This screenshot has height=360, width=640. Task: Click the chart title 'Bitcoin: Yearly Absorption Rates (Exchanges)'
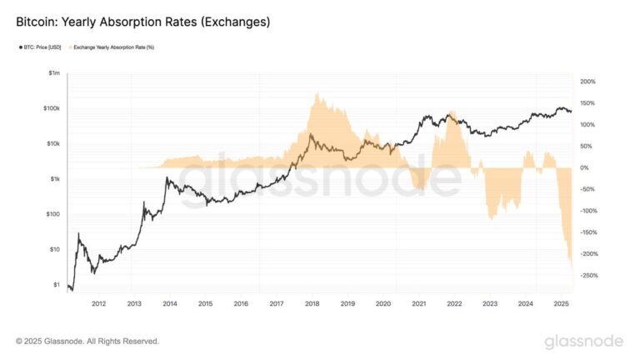142,22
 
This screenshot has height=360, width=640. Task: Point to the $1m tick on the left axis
54,74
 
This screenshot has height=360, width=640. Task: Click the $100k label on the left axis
51,109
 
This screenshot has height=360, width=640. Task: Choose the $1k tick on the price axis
54,179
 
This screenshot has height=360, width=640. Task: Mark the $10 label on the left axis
54,249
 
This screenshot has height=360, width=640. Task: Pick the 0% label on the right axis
586,167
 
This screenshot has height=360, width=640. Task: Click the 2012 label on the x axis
98,304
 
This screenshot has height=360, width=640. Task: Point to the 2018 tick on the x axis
311,304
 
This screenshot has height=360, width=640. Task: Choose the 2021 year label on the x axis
418,304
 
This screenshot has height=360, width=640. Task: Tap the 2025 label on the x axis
560,304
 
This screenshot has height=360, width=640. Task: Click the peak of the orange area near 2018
317,93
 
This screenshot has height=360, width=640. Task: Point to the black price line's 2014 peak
168,177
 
